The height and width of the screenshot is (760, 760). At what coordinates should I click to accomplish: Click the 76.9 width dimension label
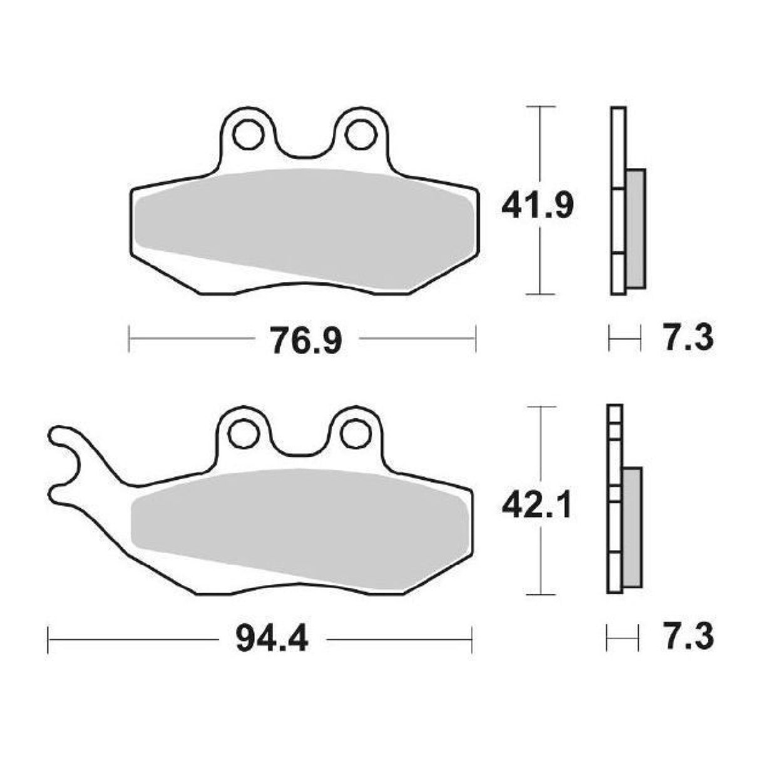click(x=306, y=341)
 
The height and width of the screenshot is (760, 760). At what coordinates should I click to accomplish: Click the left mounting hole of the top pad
click(x=248, y=133)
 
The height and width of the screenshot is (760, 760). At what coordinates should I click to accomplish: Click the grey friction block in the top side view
click(x=635, y=229)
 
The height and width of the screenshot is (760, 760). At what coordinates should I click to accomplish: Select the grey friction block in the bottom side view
click(x=632, y=527)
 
